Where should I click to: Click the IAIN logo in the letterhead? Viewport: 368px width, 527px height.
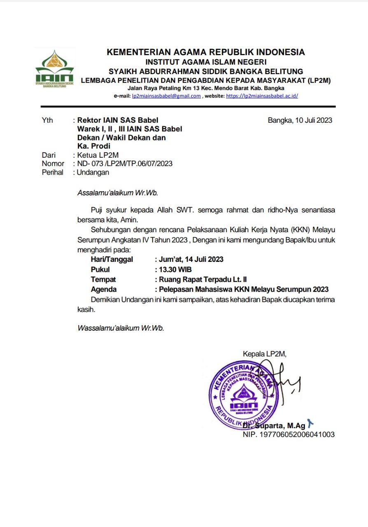tap(54, 68)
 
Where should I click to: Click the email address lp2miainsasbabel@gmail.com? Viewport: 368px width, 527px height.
tap(166, 96)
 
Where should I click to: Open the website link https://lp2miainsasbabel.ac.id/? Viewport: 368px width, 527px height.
tap(262, 96)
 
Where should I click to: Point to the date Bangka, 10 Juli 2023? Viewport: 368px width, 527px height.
tap(300, 120)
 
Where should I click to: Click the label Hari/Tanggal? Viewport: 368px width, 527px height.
tap(112, 259)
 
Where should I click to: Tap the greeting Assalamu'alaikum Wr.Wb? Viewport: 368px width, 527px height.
tap(118, 192)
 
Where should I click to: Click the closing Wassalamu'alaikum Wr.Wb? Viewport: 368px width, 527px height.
tap(121, 328)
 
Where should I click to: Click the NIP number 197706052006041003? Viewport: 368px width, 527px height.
tap(289, 434)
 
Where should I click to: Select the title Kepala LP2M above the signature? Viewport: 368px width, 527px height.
tap(264, 354)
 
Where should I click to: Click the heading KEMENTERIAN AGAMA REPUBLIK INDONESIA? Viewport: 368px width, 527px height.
tap(206, 52)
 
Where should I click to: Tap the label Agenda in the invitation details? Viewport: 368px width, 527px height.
tap(104, 289)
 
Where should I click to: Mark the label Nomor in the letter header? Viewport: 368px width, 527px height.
tap(53, 163)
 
